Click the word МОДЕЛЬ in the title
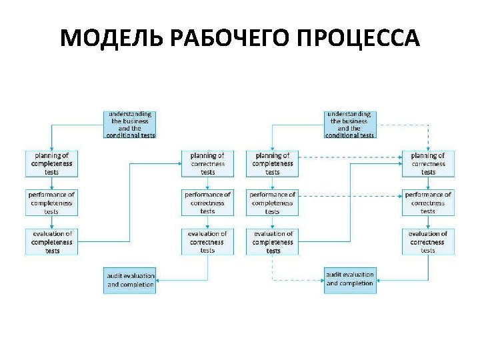tap(112, 39)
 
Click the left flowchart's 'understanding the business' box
tap(130, 125)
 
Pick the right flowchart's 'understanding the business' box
tap(350, 125)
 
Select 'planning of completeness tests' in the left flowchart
tap(51, 163)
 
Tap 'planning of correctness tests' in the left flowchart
tap(207, 163)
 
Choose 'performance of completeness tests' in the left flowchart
tap(51, 203)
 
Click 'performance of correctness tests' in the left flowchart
tap(207, 203)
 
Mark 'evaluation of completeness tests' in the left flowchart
tap(51, 241)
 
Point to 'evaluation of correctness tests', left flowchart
tap(207, 241)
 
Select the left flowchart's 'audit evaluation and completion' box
tap(130, 280)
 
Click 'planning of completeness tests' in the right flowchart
tap(272, 163)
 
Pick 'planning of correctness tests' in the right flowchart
tap(428, 163)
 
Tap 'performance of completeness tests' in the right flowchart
tap(272, 203)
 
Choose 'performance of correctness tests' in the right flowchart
tap(428, 203)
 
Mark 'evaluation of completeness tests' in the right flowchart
tap(272, 241)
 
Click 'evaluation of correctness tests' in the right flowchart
tap(428, 241)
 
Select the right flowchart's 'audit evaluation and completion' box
tap(350, 280)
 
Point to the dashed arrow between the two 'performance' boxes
tap(350, 197)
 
